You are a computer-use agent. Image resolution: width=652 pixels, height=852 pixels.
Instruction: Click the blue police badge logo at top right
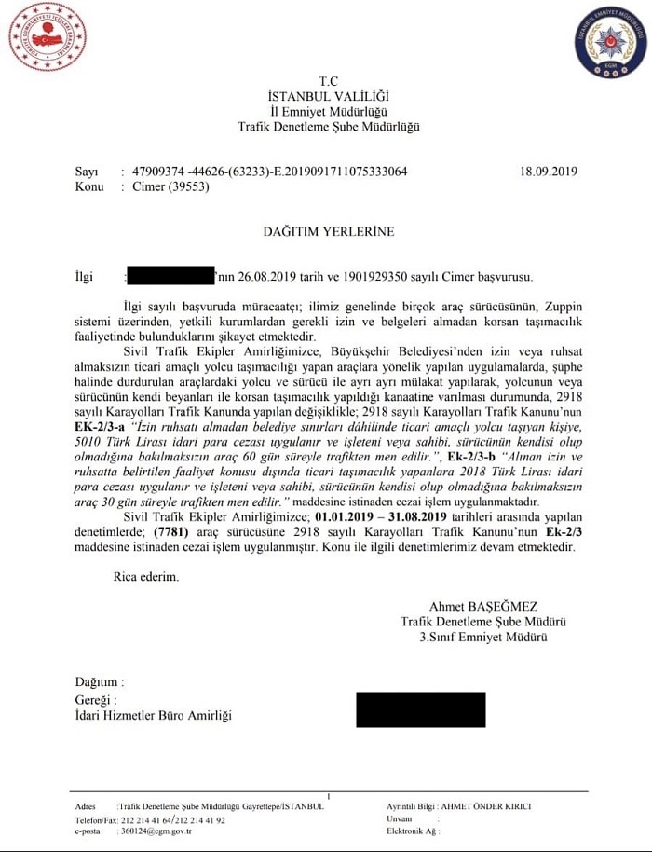tap(610, 43)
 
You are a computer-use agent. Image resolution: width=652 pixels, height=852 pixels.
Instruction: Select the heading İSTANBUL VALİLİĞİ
tap(328, 97)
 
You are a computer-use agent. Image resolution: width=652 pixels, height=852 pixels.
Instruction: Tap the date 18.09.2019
tap(549, 172)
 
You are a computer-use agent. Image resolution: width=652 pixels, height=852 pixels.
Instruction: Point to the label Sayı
tap(86, 172)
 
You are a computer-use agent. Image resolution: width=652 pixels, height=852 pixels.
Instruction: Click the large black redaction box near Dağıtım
tap(420, 709)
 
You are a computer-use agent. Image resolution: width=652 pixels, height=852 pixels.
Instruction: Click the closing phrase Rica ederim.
tap(146, 577)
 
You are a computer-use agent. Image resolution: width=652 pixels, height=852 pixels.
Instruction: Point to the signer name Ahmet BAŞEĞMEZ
tap(483, 607)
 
